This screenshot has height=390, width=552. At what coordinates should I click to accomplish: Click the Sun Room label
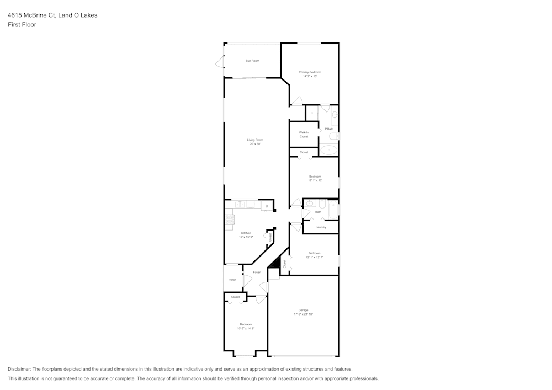click(x=252, y=61)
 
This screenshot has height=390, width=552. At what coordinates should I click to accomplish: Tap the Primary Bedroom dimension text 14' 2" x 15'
click(x=310, y=77)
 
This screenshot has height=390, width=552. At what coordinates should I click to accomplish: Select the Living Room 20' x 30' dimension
click(x=255, y=144)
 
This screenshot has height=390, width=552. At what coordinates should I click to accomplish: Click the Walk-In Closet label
click(x=304, y=135)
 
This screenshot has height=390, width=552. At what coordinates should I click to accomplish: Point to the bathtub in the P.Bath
click(x=329, y=149)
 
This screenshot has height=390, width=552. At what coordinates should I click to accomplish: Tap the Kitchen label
click(x=246, y=233)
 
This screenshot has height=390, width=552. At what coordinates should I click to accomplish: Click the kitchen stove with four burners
click(x=229, y=222)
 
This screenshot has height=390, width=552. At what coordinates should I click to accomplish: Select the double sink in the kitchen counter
click(x=240, y=205)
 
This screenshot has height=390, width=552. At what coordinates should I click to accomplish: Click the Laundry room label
click(x=321, y=227)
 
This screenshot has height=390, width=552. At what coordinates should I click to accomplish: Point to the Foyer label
click(x=257, y=273)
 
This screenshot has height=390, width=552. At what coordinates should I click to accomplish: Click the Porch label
click(x=232, y=280)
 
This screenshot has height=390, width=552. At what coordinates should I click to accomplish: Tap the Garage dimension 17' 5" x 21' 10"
click(x=304, y=314)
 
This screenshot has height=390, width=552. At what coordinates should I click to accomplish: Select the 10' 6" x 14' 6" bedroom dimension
click(x=246, y=328)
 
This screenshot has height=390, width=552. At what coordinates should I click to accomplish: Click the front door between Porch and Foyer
click(x=243, y=280)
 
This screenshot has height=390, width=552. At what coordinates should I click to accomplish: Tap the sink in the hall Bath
click(x=309, y=204)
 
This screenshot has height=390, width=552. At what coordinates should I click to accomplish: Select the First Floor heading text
click(x=22, y=25)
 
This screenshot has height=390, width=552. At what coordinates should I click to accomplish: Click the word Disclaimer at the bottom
click(x=19, y=369)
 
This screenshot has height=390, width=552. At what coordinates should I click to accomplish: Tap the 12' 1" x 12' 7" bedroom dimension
click(x=314, y=257)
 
